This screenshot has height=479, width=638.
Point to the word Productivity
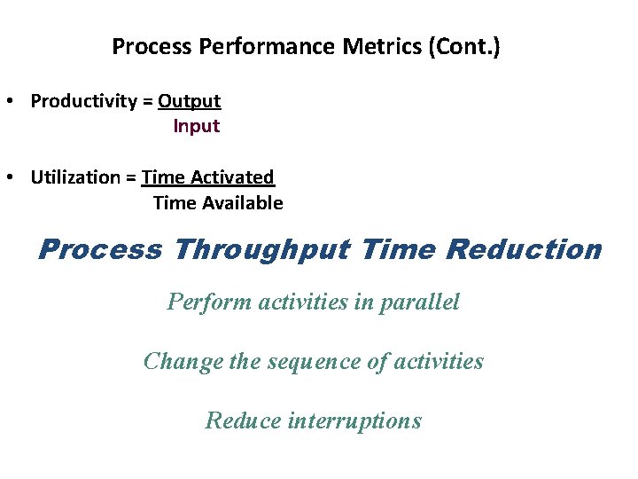(83, 101)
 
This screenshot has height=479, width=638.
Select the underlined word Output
(189, 101)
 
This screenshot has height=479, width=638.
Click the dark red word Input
(196, 126)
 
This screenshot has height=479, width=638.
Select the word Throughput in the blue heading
(262, 250)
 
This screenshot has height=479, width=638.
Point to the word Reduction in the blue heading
(524, 249)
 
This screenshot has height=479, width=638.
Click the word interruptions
(354, 420)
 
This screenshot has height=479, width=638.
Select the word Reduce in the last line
(243, 420)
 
